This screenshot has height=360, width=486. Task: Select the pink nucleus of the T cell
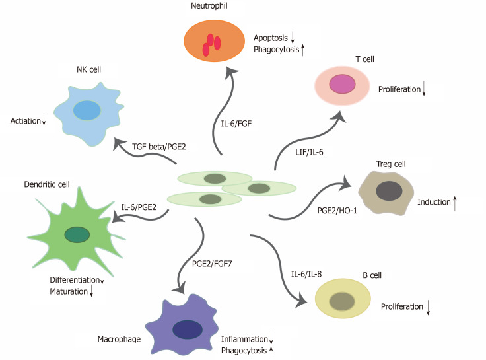coord(342,84)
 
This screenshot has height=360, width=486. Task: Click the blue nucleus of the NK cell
coord(87,110)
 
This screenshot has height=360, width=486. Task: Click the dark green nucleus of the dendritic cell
coord(77,234)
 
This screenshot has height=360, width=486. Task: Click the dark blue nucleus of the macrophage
coord(188,328)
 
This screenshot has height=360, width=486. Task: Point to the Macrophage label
coord(118,340)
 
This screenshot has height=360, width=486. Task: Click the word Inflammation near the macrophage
coord(244,338)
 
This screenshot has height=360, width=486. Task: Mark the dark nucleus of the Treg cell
coord(387,192)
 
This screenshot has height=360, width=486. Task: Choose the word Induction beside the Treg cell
coord(433,201)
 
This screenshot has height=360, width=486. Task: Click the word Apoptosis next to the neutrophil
coord(269,38)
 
